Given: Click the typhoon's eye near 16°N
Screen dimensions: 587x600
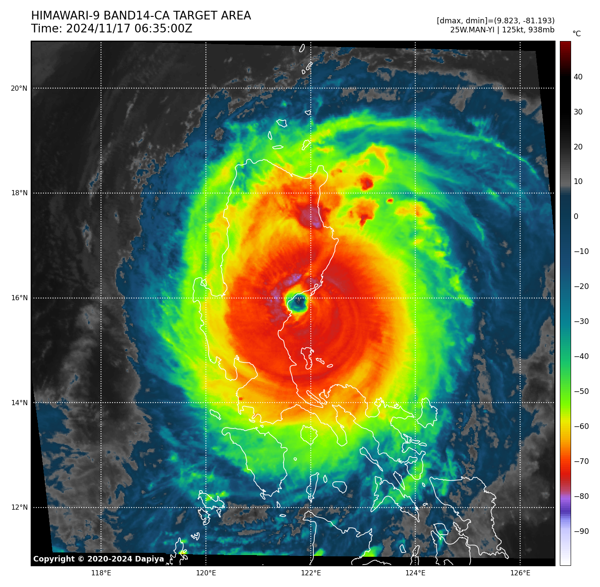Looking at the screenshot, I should [297, 302].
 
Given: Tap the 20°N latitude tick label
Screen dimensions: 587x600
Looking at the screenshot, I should [19, 89].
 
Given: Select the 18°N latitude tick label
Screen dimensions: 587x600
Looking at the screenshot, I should [19, 193].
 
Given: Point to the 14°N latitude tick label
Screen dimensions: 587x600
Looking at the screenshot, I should [19, 403].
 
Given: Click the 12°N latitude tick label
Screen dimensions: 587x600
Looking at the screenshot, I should [19, 508].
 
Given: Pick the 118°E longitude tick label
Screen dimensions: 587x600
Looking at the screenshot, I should [101, 573].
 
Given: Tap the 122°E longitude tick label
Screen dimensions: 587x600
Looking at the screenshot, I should [311, 573].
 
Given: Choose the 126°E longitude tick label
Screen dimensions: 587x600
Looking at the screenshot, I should [520, 573].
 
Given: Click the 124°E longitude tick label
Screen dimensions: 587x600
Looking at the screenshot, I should [415, 573].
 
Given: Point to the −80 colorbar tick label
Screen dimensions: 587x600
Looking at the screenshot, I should [581, 496].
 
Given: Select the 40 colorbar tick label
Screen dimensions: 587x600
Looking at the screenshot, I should [578, 77].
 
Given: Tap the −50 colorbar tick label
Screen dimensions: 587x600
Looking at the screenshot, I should [581, 391].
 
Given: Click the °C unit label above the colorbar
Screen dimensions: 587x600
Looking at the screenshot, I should [576, 34].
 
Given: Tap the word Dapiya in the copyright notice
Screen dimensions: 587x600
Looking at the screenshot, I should [149, 559].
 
